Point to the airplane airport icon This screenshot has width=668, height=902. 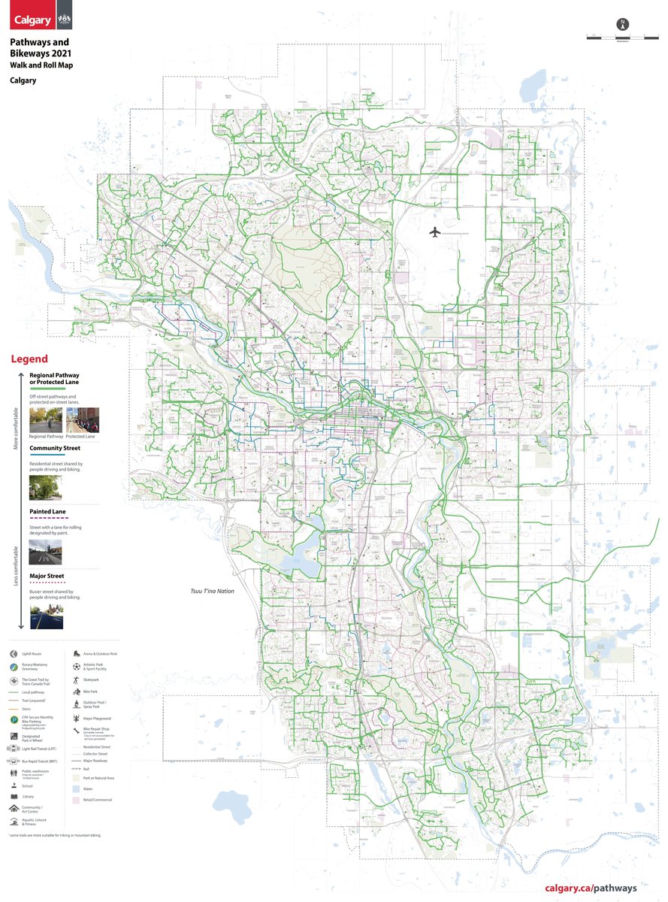coord(434,232)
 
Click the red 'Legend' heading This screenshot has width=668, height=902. coord(29,359)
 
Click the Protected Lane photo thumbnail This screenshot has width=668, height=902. coord(83,421)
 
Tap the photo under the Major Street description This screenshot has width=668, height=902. coord(46,616)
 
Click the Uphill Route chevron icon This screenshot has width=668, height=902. coord(14,655)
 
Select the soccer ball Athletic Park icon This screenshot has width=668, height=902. coord(77,666)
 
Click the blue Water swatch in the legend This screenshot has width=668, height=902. coord(77,788)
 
